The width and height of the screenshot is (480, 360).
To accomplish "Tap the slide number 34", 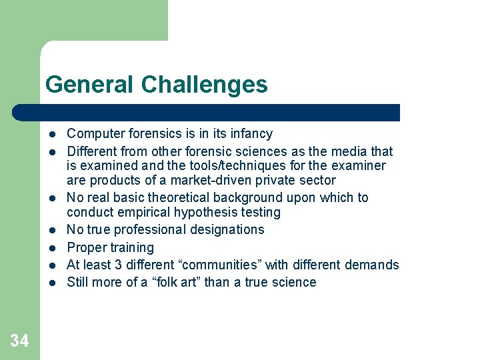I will point(19,341).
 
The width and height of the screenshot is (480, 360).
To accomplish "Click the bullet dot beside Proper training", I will point(52,248).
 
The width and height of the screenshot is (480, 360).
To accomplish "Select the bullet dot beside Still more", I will point(52,283).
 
